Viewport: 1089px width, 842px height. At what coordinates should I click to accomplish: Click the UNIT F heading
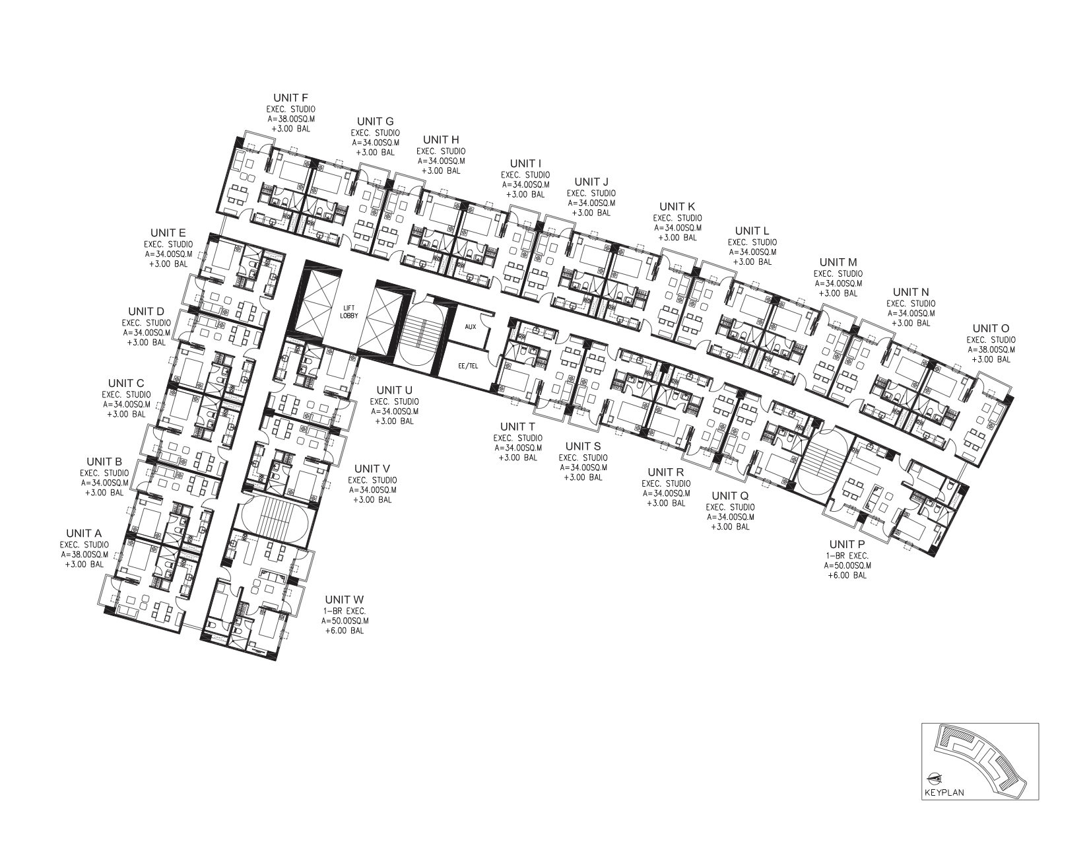(x=290, y=98)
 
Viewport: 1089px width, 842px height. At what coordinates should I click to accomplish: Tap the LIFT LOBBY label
(x=348, y=312)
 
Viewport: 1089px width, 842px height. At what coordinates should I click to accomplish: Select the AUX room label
(x=470, y=326)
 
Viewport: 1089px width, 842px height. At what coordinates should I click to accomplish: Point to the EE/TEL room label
(x=468, y=366)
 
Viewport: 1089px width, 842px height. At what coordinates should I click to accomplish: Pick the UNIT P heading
(x=847, y=545)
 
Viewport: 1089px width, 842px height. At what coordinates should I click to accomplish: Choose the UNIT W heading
(x=345, y=600)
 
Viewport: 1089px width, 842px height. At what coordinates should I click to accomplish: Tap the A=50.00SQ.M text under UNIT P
(x=847, y=565)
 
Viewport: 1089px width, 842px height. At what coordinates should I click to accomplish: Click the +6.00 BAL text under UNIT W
(x=345, y=631)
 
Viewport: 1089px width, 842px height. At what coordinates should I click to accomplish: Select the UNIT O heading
(x=991, y=328)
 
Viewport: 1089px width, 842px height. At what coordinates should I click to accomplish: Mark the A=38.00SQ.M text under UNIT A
(x=84, y=555)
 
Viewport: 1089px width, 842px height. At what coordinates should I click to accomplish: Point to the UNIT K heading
(x=677, y=207)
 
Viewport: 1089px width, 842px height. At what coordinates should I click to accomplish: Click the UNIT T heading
(x=517, y=427)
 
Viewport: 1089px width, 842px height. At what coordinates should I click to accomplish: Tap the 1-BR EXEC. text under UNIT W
(x=345, y=611)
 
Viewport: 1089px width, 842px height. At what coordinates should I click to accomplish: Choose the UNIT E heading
(x=168, y=232)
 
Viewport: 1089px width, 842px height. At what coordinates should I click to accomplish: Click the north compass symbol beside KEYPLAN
(x=934, y=793)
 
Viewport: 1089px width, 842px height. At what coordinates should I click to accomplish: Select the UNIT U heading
(x=395, y=390)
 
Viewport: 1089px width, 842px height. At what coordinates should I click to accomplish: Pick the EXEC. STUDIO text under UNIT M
(x=838, y=274)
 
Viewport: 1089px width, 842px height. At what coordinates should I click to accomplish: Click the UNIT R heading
(x=665, y=472)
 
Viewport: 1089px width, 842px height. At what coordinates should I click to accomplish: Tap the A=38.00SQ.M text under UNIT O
(x=991, y=349)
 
